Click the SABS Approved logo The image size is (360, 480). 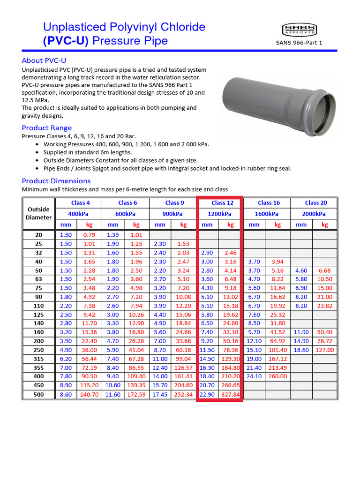[299, 30]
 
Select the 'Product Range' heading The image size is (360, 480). [47, 128]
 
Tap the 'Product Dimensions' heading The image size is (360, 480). [56, 181]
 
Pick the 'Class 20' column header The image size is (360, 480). [315, 203]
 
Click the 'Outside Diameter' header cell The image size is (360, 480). [38, 213]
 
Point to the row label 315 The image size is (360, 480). [38, 359]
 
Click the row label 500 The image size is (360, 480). [38, 395]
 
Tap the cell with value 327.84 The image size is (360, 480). [230, 395]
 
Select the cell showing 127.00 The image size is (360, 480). [324, 350]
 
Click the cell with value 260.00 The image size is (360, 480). [277, 376]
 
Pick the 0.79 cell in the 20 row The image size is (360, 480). [89, 235]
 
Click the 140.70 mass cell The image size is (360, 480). [89, 395]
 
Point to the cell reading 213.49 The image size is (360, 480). [277, 367]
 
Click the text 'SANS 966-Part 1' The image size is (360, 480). [299, 43]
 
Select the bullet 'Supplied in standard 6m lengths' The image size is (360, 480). [88, 152]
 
